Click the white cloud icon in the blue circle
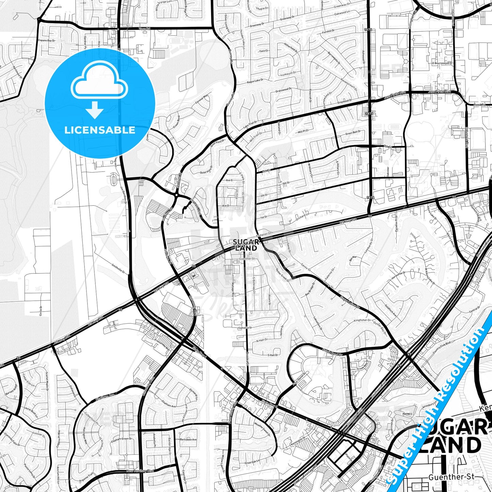pyautogui.click(x=99, y=82)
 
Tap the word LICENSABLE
pyautogui.click(x=100, y=130)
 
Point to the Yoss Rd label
pyautogui.click(x=144, y=29)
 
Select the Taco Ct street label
pyautogui.click(x=264, y=51)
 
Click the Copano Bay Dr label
pyautogui.click(x=47, y=41)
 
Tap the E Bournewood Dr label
pyautogui.click(x=442, y=63)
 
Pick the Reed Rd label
pyautogui.click(x=479, y=105)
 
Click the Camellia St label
pyautogui.click(x=245, y=328)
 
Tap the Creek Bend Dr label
pyautogui.click(x=332, y=353)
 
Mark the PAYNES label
pyautogui.click(x=407, y=414)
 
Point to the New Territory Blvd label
pyautogui.click(x=140, y=471)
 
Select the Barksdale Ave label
pyautogui.click(x=188, y=440)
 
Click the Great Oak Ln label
pyautogui.click(x=252, y=462)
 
